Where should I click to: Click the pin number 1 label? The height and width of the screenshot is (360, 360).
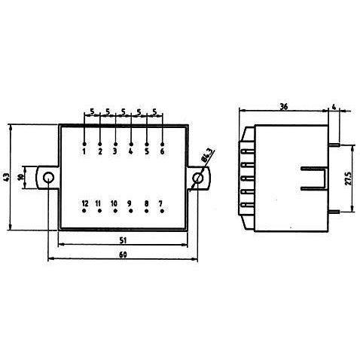click(84, 151)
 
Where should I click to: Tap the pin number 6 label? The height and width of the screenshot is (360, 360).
click(162, 151)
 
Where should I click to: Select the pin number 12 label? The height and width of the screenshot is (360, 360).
click(85, 203)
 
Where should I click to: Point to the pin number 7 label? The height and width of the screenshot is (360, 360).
click(160, 203)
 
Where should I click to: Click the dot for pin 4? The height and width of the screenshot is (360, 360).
click(131, 144)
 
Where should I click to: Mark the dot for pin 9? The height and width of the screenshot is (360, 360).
click(130, 211)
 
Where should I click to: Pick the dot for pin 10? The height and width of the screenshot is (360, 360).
click(115, 211)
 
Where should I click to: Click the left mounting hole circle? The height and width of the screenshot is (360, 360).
click(48, 178)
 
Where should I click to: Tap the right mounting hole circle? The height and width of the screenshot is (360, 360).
click(198, 178)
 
